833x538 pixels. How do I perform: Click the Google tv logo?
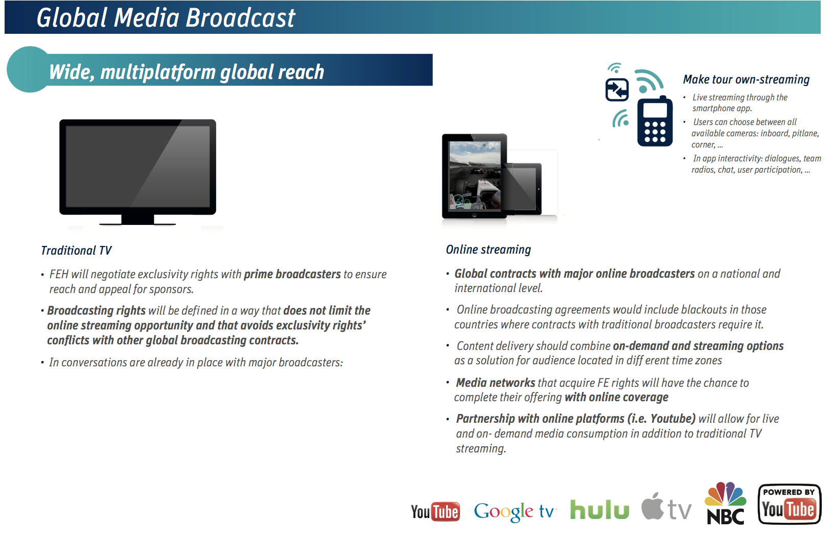point(515,512)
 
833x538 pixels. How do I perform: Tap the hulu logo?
point(599,509)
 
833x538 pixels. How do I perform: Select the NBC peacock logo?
point(725,503)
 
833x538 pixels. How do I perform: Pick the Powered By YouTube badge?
point(789,504)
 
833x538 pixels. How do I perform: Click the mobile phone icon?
point(655,121)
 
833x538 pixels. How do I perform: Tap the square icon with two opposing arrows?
point(617,90)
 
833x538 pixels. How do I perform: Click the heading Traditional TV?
point(76,251)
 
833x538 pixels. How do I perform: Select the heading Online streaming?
point(488,250)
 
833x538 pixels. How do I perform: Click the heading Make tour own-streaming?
point(746,79)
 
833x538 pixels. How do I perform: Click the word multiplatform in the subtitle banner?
point(158,72)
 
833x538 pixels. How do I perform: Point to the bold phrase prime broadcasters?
point(293,274)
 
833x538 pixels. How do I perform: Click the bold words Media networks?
point(495,382)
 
